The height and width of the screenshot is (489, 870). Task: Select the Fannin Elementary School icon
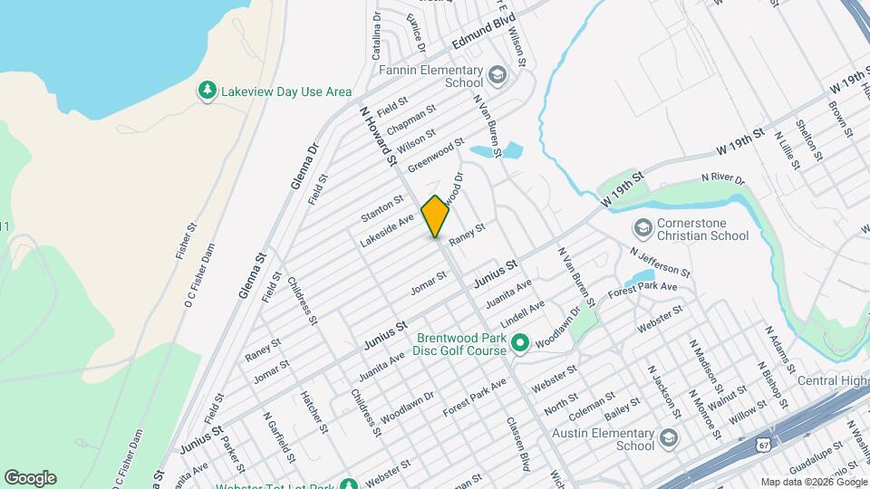(496, 73)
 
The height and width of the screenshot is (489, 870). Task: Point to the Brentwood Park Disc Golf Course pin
(519, 343)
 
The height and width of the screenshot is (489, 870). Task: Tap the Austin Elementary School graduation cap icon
(669, 437)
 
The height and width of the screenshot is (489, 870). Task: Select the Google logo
(30, 478)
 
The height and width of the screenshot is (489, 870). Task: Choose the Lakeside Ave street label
(387, 230)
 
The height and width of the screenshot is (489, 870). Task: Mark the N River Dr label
(722, 180)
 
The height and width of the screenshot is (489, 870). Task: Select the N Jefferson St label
(661, 262)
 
